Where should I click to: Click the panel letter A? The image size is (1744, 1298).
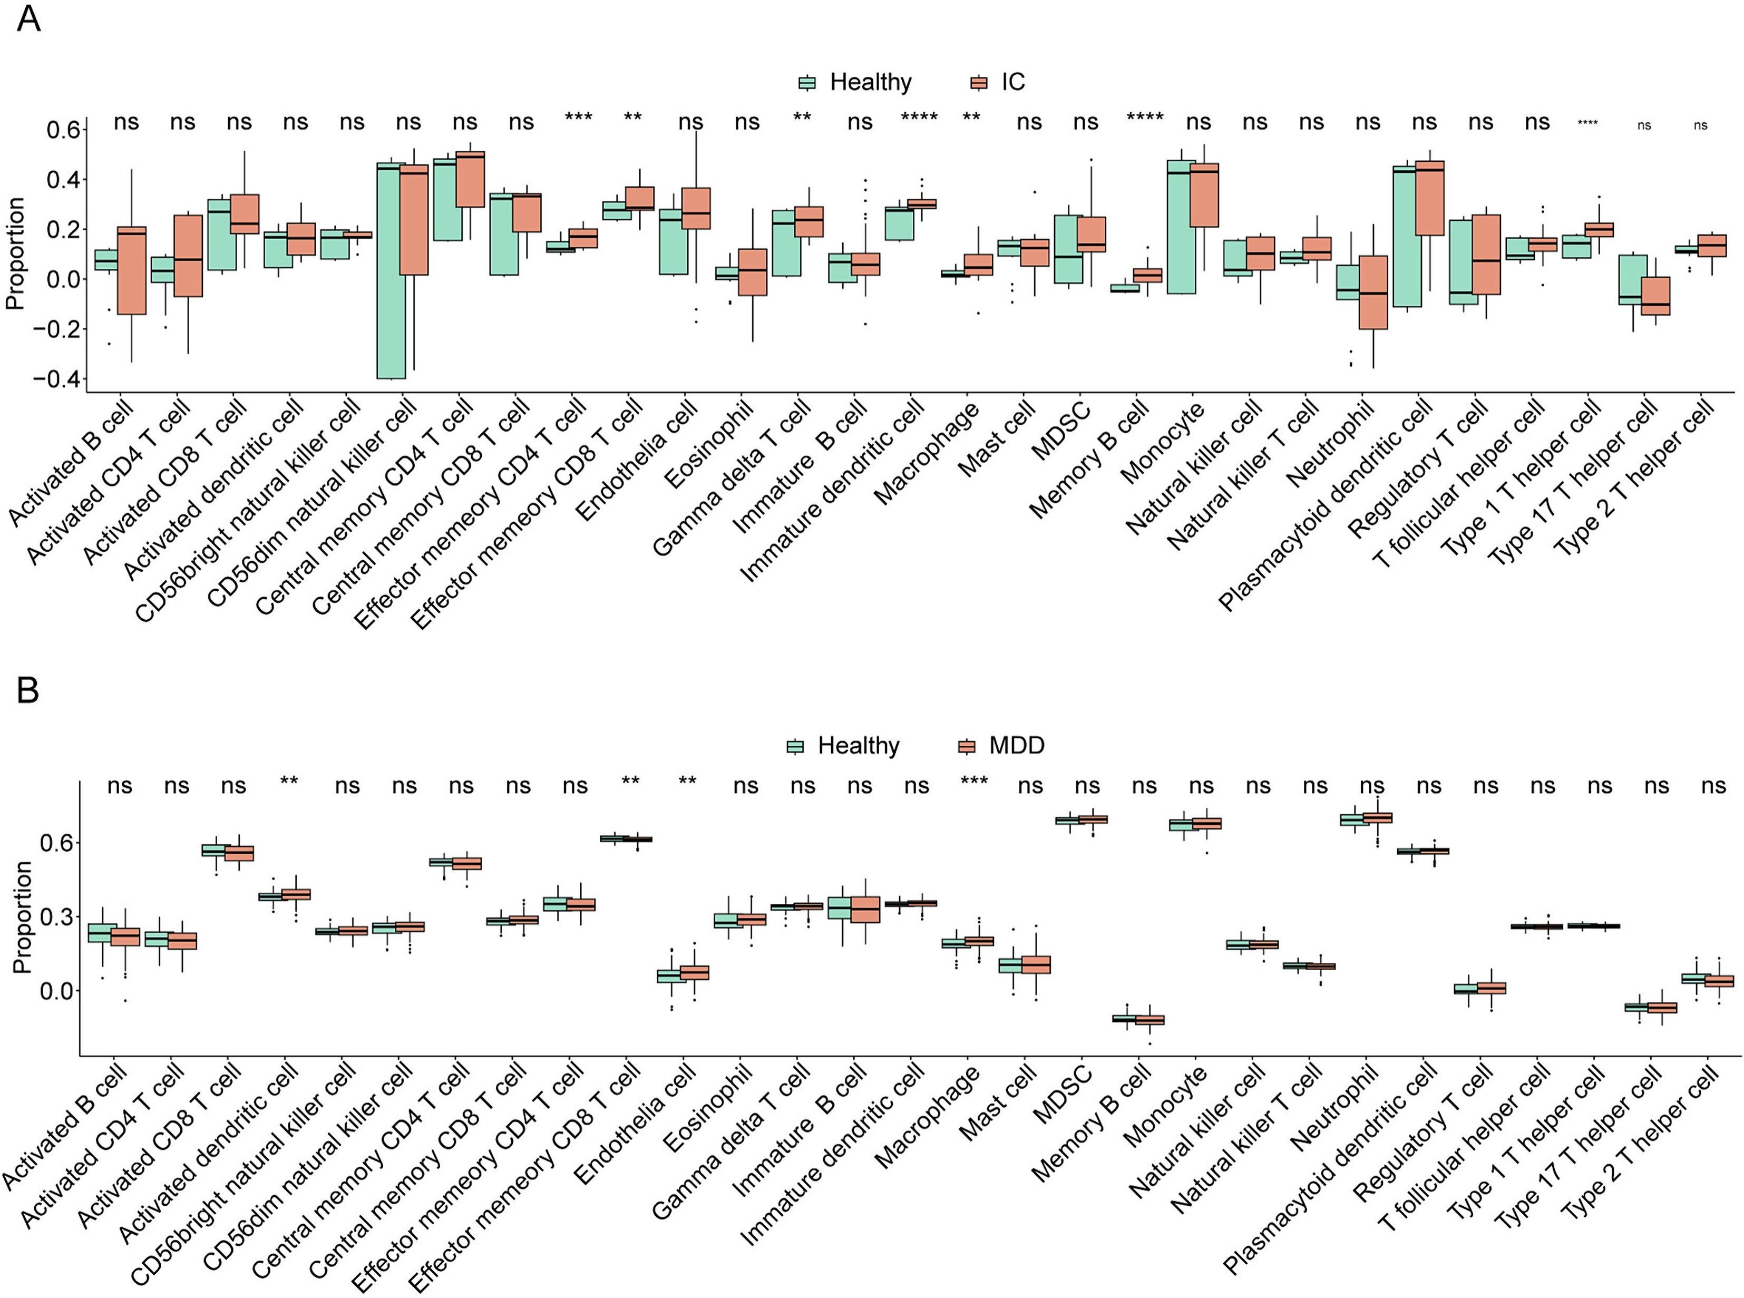(28, 19)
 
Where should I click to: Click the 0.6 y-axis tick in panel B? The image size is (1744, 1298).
(56, 843)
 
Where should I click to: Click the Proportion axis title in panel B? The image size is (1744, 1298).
(22, 918)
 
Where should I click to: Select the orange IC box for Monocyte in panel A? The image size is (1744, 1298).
(1204, 195)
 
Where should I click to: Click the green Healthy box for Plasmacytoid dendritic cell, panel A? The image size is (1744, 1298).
(1406, 236)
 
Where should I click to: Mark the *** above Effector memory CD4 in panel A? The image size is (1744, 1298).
(578, 118)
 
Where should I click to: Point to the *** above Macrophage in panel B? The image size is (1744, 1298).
(974, 781)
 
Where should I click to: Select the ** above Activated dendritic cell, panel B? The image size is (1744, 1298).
(289, 781)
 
